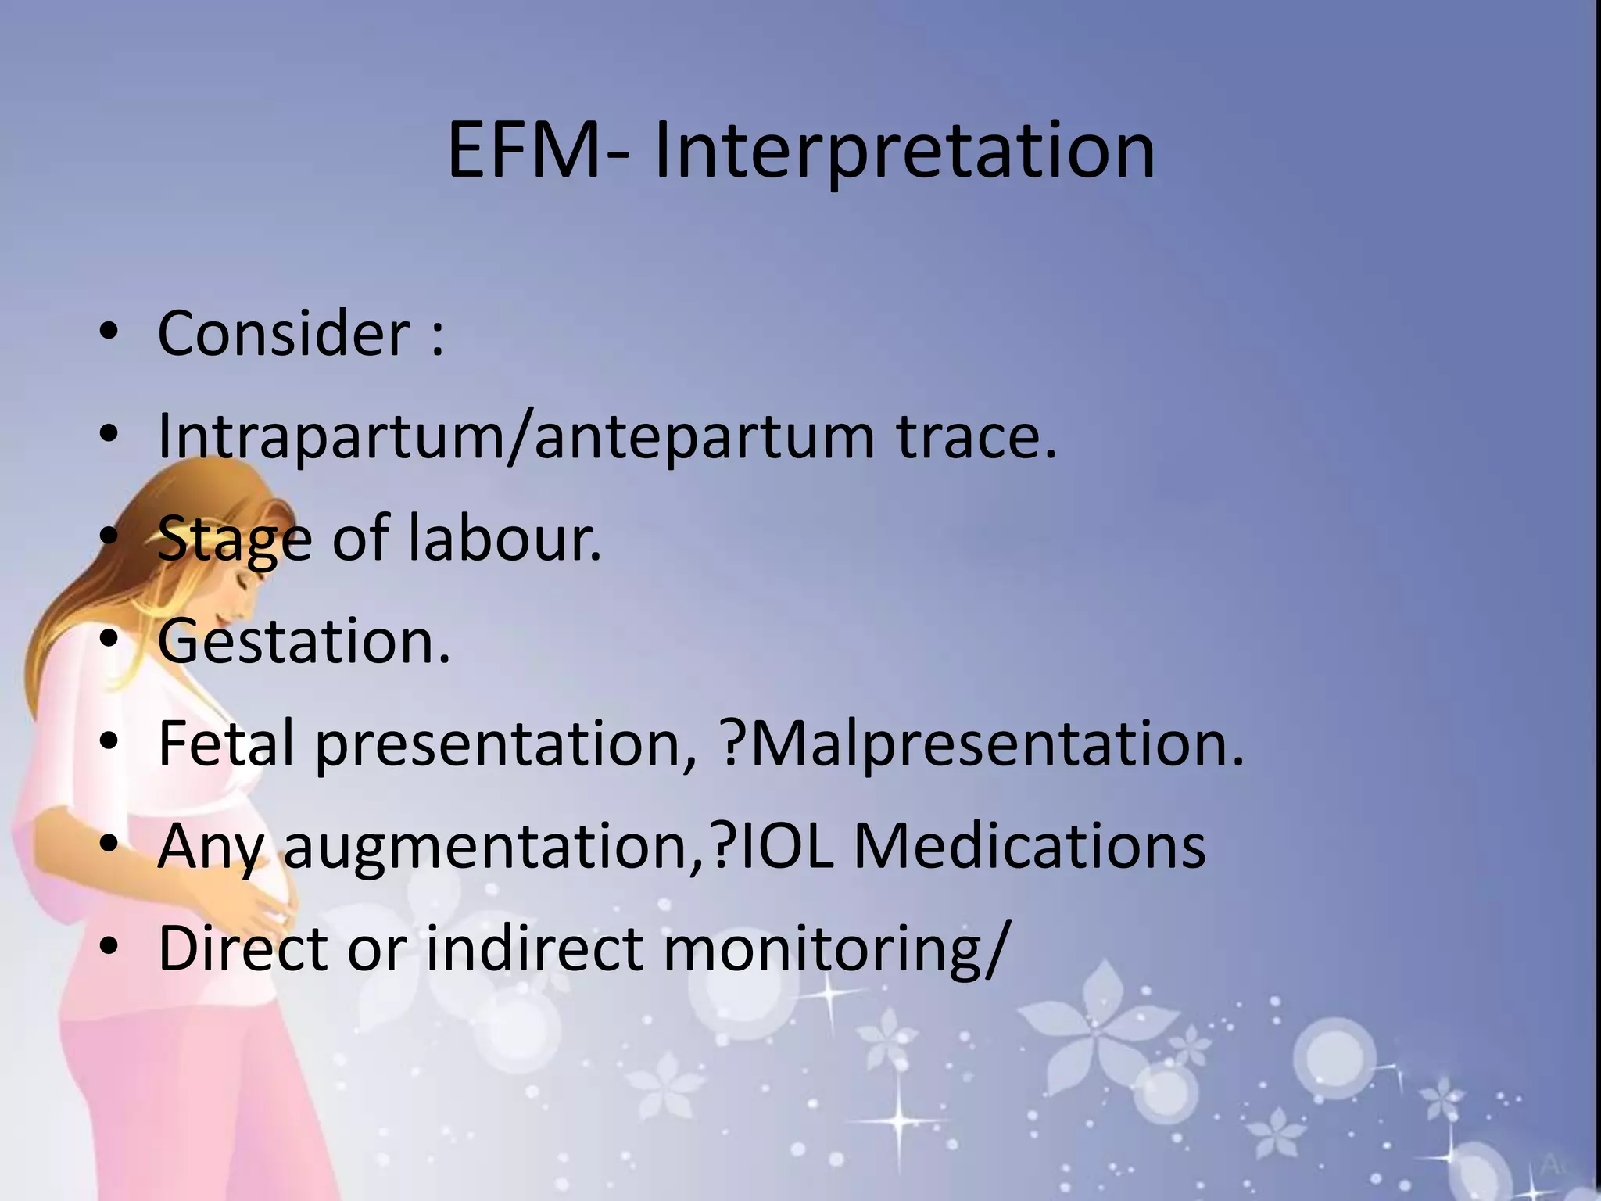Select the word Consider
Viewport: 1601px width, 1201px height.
(283, 333)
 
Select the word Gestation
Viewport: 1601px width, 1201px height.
(303, 641)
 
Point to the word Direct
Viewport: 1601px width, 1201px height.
(242, 948)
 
